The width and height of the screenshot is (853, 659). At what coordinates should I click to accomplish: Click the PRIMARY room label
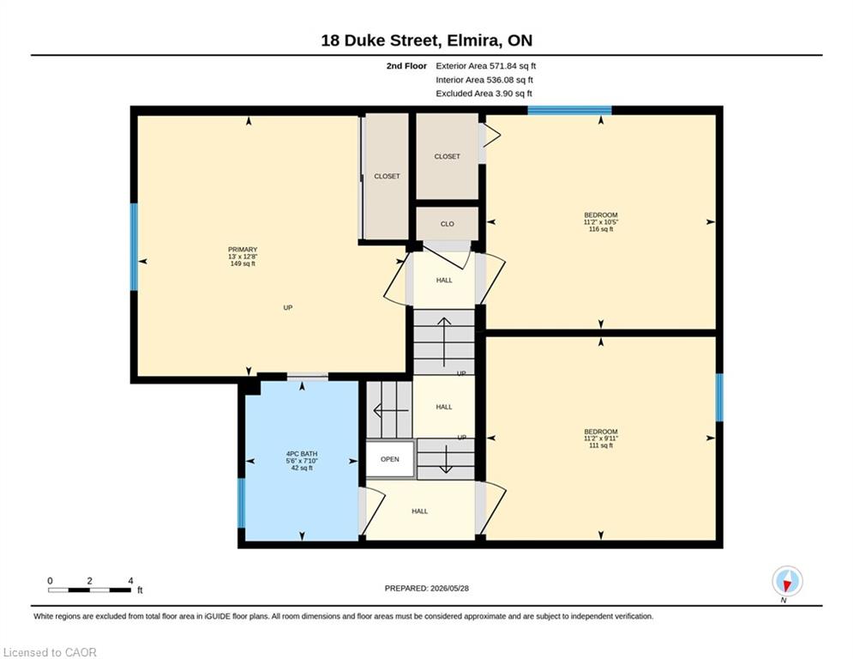tap(243, 250)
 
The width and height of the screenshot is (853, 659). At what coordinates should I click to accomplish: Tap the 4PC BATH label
tap(302, 454)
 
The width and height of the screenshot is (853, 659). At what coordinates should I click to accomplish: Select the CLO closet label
tap(448, 224)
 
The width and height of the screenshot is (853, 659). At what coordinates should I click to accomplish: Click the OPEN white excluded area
tap(390, 459)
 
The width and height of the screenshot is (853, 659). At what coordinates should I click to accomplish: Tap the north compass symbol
tap(787, 582)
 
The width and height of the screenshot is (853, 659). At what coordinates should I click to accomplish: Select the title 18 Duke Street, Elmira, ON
tap(427, 40)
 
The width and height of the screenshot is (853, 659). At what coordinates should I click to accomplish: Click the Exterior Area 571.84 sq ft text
tap(486, 66)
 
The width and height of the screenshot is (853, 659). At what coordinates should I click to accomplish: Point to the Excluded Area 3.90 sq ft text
tap(484, 94)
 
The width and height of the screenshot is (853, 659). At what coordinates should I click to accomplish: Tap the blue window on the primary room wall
tap(134, 247)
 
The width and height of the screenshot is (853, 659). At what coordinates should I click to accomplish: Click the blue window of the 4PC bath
tap(242, 503)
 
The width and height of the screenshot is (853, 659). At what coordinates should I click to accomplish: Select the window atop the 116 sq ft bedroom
tap(569, 110)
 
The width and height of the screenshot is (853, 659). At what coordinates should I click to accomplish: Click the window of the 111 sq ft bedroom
tap(719, 397)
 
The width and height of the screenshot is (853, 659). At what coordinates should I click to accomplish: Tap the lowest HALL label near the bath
tap(419, 511)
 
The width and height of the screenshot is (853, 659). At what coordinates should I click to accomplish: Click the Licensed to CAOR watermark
tap(50, 652)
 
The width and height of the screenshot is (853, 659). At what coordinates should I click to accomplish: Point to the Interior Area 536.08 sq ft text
tap(484, 80)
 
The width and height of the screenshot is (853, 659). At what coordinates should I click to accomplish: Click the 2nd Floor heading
tap(406, 66)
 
